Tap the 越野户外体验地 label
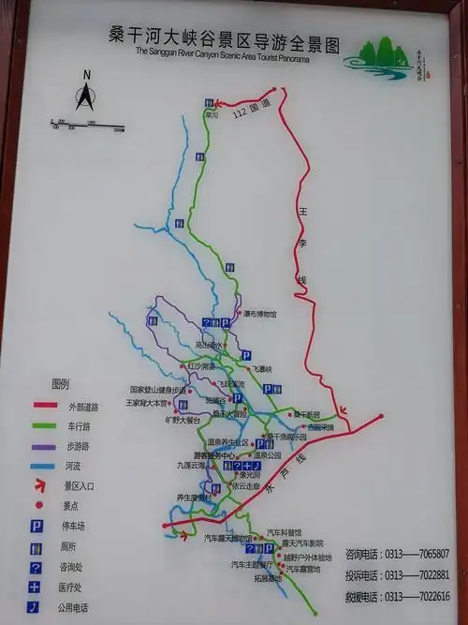[x=300, y=556]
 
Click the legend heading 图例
[x=61, y=384]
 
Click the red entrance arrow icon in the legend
[x=42, y=485]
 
